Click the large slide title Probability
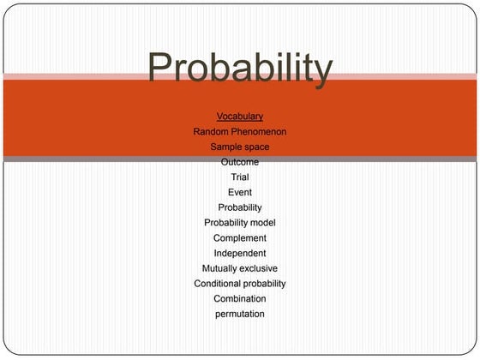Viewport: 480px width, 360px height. point(239,69)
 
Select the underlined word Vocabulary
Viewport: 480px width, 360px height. point(240,116)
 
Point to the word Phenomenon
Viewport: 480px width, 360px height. point(258,131)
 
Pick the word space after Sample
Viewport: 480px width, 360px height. point(257,147)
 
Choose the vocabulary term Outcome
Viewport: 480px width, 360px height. point(240,162)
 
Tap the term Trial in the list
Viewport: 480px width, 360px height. point(240,177)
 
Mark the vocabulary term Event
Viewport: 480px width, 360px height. point(240,192)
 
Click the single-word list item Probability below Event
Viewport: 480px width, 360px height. point(240,207)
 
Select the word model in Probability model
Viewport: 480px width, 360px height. point(264,223)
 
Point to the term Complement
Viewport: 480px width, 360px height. point(240,238)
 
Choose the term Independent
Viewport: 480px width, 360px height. point(240,253)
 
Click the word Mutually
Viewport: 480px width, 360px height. point(220,268)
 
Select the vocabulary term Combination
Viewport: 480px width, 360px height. point(240,298)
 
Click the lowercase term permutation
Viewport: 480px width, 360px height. point(240,314)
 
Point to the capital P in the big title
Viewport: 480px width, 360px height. point(162,67)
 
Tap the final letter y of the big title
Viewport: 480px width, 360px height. point(321,72)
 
